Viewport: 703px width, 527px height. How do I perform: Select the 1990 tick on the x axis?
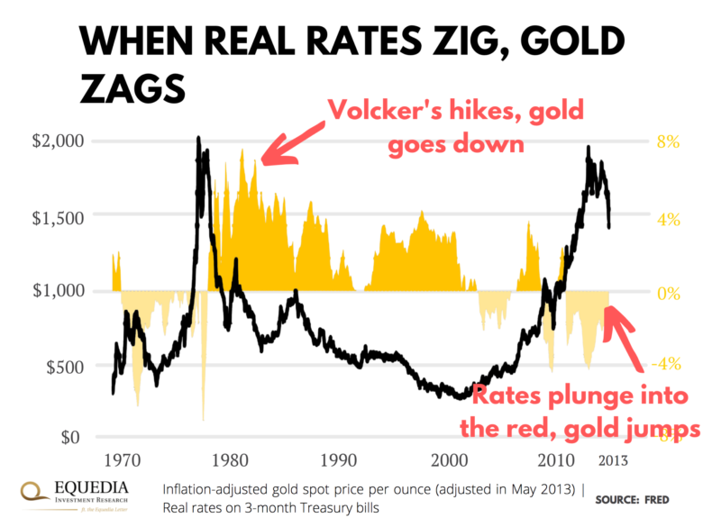coord(339,459)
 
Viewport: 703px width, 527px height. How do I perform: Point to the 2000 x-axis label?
coord(447,459)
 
